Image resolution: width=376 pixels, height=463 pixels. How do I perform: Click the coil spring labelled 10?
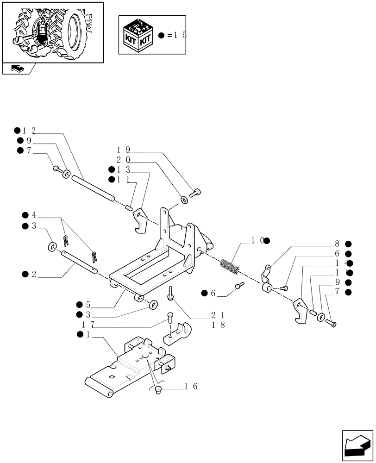pyautogui.click(x=229, y=267)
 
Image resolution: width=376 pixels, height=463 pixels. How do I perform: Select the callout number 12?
pyautogui.click(x=29, y=131)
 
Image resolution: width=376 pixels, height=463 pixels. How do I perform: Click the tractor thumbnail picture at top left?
pyautogui.click(x=52, y=31)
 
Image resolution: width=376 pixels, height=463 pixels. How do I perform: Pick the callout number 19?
pyautogui.click(x=124, y=150)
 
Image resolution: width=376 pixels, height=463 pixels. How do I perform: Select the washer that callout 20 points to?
pyautogui.click(x=184, y=200)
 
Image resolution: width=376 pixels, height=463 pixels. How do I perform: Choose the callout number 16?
pyautogui.click(x=191, y=386)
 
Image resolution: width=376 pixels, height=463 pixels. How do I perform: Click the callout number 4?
pyautogui.click(x=33, y=215)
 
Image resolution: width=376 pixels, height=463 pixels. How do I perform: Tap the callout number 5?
pyautogui.click(x=88, y=304)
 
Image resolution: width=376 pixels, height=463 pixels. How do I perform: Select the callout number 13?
pyautogui.click(x=124, y=169)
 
